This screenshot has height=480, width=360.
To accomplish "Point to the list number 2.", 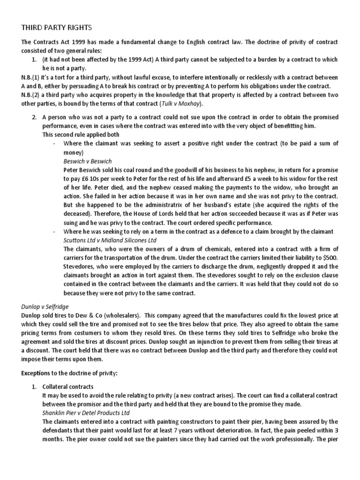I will pos(34,117).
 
